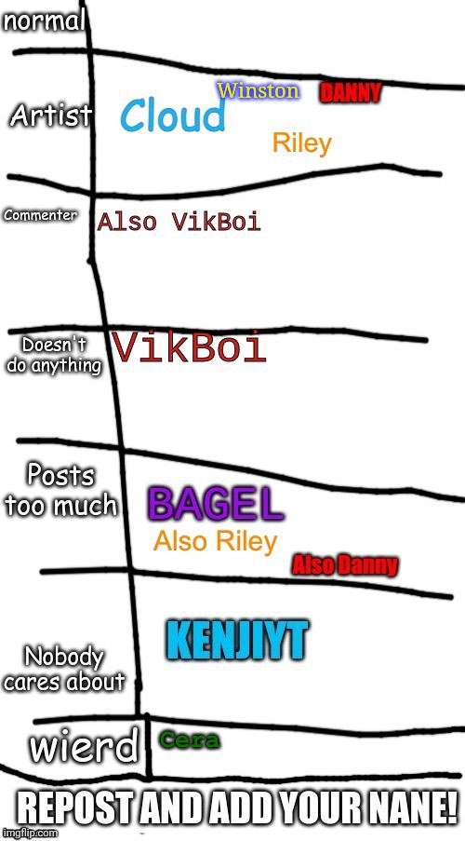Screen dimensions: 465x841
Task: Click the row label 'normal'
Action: point(45,22)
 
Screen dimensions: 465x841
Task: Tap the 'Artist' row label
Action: point(50,115)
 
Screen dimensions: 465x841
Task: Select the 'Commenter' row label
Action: point(41,216)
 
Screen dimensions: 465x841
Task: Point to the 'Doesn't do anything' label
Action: point(53,355)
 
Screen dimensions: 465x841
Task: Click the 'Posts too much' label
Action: point(60,491)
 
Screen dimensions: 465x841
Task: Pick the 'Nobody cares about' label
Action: point(64,671)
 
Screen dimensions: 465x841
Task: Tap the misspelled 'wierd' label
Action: point(84,747)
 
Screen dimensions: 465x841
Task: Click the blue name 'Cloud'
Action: point(172,116)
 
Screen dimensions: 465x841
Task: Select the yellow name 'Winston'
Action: point(258,90)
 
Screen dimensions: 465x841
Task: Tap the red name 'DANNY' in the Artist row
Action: point(351,93)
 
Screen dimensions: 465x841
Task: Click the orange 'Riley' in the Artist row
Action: point(302,143)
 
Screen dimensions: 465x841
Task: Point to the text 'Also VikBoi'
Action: point(179,222)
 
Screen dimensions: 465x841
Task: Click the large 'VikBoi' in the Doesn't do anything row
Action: point(190,347)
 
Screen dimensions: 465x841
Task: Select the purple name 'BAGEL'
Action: point(216,505)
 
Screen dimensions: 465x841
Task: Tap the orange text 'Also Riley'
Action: point(216,542)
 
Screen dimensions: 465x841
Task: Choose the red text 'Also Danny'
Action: point(345,565)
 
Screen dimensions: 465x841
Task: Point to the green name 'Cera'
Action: point(190,740)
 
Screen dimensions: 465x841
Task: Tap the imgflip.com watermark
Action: point(30,833)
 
